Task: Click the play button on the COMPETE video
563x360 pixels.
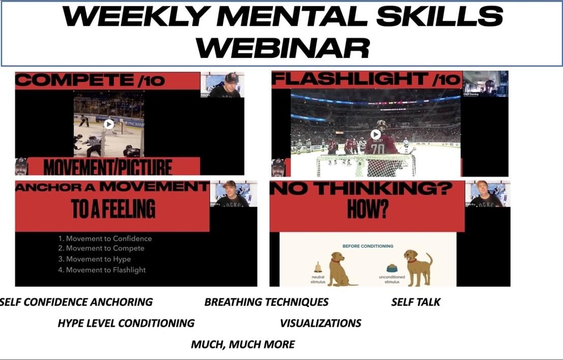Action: (109, 123)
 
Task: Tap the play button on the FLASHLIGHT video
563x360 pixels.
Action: (376, 134)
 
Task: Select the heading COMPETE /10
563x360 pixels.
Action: (90, 80)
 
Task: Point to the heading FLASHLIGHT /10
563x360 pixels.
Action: (366, 80)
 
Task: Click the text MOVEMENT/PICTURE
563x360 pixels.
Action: (107, 167)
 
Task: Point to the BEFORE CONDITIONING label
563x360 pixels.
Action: (368, 246)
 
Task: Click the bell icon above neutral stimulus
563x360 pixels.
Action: (318, 267)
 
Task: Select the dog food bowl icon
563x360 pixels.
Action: (392, 268)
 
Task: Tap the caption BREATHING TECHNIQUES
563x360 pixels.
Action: (266, 302)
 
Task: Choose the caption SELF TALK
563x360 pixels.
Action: (416, 302)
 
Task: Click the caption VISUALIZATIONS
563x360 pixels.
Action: (321, 323)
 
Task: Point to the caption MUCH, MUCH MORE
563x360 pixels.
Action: (242, 344)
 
